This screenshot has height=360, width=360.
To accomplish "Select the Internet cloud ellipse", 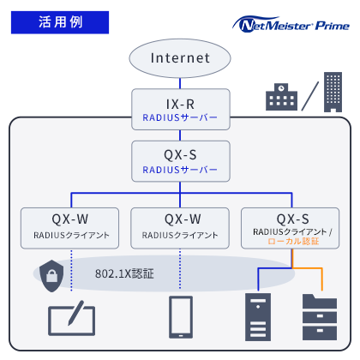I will (x=180, y=58).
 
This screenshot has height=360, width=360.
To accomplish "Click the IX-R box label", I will (x=180, y=102).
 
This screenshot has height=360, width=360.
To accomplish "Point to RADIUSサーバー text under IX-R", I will (x=180, y=117).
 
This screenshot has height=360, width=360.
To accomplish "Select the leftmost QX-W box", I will (x=70, y=225).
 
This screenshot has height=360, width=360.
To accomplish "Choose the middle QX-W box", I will (x=180, y=225).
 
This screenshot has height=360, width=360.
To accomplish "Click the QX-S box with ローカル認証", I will (x=292, y=225).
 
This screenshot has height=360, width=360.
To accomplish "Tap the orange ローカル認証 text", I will (x=293, y=243).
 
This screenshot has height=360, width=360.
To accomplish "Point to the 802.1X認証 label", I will (x=124, y=274).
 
